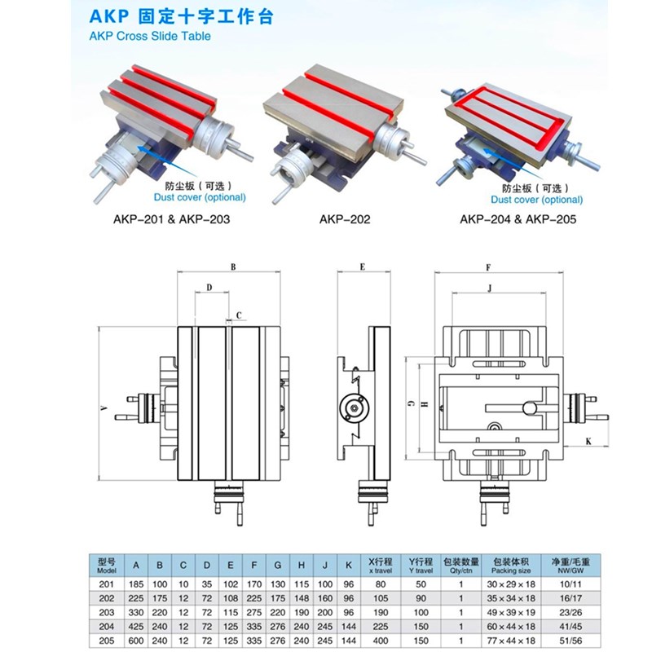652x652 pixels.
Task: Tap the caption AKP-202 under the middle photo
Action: [345, 219]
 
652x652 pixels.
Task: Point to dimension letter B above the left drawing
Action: [232, 267]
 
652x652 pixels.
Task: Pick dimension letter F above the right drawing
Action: [487, 267]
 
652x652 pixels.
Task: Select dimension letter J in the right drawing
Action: [489, 287]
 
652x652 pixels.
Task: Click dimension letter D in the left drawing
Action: [209, 288]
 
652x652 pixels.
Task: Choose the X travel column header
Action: [379, 565]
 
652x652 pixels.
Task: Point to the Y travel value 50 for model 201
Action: [421, 582]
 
